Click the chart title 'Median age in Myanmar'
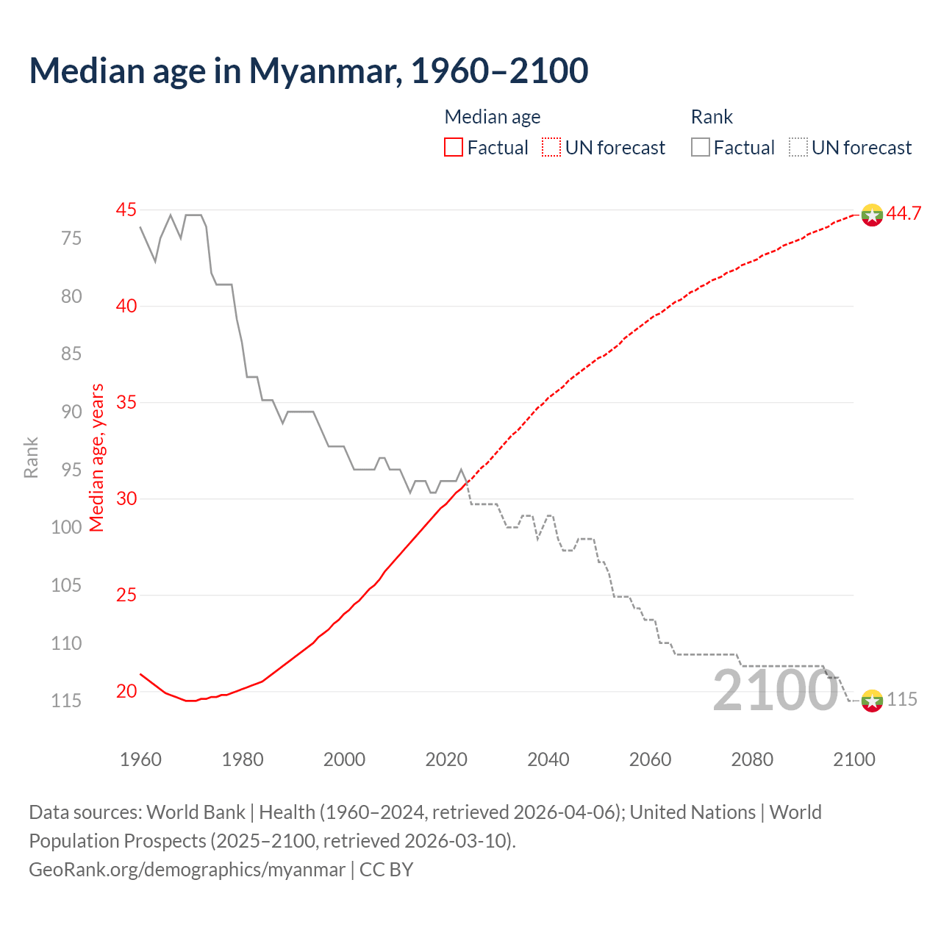(309, 71)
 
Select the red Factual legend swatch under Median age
(454, 148)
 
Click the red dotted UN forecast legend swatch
(551, 148)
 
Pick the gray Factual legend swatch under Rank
(701, 148)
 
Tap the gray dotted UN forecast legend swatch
(798, 148)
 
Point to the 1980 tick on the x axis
(243, 759)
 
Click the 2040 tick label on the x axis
(548, 759)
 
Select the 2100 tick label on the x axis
(854, 759)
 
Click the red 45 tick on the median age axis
(126, 210)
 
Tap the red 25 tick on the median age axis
(126, 595)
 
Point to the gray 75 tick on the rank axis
(71, 238)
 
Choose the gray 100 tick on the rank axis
(67, 527)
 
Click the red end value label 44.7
(904, 214)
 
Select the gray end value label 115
(902, 699)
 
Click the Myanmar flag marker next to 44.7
(872, 215)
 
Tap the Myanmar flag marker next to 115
(872, 701)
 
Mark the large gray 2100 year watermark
(775, 690)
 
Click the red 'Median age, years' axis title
(97, 457)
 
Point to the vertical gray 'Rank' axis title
(31, 457)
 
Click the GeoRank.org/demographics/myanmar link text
(187, 870)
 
